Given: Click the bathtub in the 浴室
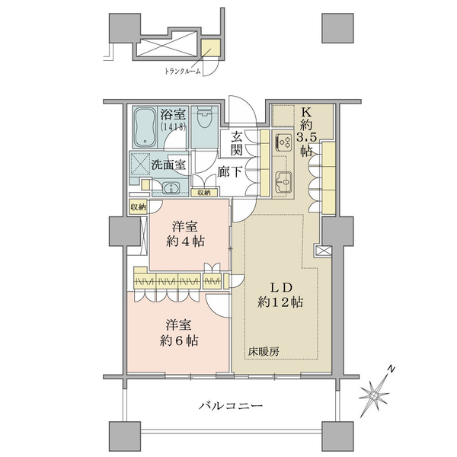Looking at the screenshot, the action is pyautogui.click(x=145, y=127).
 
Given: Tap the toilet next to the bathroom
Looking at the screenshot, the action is pyautogui.click(x=204, y=118).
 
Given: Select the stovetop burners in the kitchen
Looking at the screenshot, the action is pyautogui.click(x=283, y=142).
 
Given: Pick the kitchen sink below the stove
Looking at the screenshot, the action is pyautogui.click(x=283, y=181).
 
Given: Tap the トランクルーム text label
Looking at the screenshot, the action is pyautogui.click(x=183, y=71).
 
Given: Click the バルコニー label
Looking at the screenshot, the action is pyautogui.click(x=231, y=405).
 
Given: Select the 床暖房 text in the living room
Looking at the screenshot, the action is pyautogui.click(x=264, y=352).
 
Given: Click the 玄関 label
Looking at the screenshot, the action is pyautogui.click(x=237, y=143).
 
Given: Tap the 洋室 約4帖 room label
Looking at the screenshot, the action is pyautogui.click(x=185, y=234).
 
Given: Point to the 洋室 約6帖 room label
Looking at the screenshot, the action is pyautogui.click(x=179, y=333).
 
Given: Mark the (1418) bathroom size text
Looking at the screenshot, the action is pyautogui.click(x=173, y=127).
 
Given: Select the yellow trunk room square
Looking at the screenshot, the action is pyautogui.click(x=211, y=49).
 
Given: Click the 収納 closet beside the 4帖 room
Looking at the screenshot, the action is pyautogui.click(x=138, y=207).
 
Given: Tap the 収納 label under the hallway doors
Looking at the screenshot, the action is pyautogui.click(x=204, y=193).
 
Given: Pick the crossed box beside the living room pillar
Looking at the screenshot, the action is pyautogui.click(x=324, y=251).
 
